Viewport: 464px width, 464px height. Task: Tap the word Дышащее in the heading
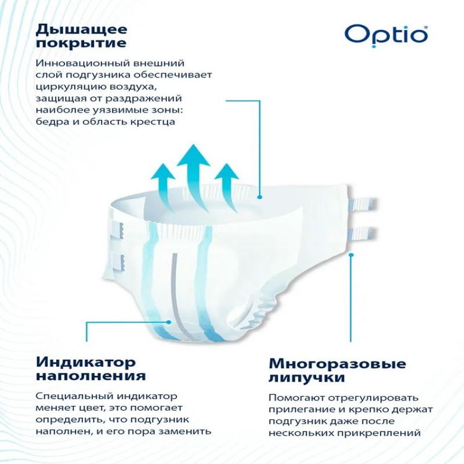pos(82,30)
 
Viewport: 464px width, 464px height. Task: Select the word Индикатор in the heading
pos(86,362)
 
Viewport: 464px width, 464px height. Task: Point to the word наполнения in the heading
pos(91,376)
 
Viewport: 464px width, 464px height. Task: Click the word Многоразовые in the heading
pos(338,364)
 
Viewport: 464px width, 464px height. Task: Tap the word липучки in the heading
pos(307,378)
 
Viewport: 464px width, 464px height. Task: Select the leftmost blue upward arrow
pos(164,186)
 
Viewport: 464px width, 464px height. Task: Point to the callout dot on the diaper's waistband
pos(260,197)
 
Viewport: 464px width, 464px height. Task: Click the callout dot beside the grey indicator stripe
pos(169,322)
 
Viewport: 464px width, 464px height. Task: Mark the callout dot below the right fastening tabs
pos(351,254)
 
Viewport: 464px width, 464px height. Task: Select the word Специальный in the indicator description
pos(74,397)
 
